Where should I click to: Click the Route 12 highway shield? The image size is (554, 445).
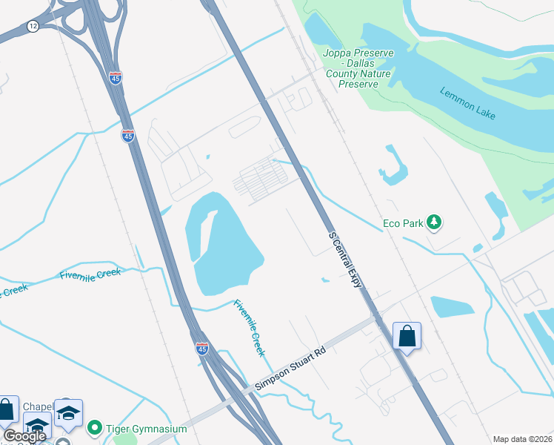pyautogui.click(x=32, y=26)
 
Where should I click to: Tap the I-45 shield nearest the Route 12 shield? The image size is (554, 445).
pyautogui.click(x=115, y=77)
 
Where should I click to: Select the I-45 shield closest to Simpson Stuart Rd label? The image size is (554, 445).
pyautogui.click(x=202, y=348)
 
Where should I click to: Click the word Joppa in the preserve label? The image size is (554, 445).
pyautogui.click(x=337, y=53)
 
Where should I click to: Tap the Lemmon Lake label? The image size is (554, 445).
pyautogui.click(x=467, y=103)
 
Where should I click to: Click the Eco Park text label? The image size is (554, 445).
pyautogui.click(x=402, y=222)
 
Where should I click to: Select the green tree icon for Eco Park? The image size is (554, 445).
pyautogui.click(x=433, y=222)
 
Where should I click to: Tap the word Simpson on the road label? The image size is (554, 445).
pyautogui.click(x=270, y=380)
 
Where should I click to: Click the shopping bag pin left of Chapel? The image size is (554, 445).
pyautogui.click(x=7, y=409)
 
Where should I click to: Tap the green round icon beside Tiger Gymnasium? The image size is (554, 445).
pyautogui.click(x=94, y=428)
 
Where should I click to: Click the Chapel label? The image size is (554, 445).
pyautogui.click(x=37, y=406)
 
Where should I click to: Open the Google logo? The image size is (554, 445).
pyautogui.click(x=24, y=436)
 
